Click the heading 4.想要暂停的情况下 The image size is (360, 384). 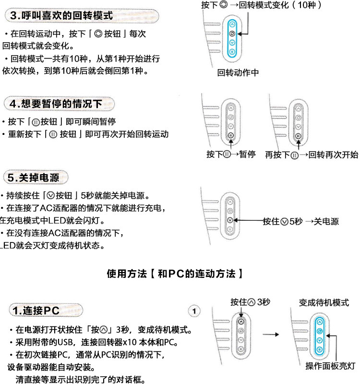tap(59, 103)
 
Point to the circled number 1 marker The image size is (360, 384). tap(194, 311)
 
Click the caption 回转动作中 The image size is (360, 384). tap(238, 73)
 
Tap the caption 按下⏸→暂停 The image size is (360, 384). tap(231, 155)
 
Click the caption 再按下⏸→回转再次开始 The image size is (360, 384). tap(312, 155)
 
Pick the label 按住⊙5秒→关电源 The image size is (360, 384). tap(300, 221)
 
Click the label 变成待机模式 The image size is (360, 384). tap(324, 302)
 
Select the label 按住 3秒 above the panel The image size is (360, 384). tap(250, 302)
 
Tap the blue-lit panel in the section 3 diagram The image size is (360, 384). tap(232, 39)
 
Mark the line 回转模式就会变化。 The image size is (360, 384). tap(38, 47)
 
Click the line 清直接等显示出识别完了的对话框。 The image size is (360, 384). tap(80, 380)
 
